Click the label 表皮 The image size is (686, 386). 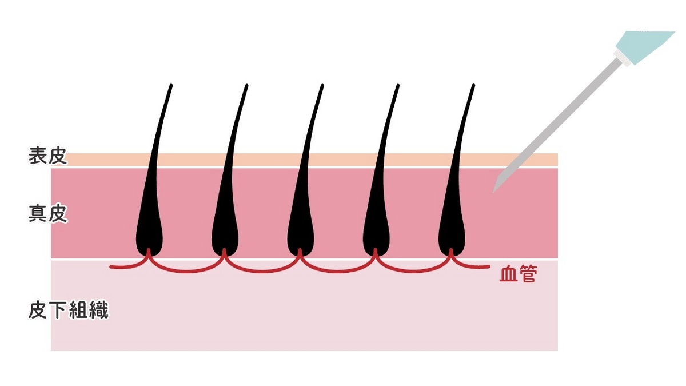(48, 157)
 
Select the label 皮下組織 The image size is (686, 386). (68, 311)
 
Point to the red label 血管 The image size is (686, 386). (518, 275)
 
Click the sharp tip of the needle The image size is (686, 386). (494, 191)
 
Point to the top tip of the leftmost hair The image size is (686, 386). (171, 86)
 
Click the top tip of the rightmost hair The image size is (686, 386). (473, 86)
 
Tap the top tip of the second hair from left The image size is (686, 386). (247, 86)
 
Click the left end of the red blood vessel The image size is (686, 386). (111, 266)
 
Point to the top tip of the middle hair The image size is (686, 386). (322, 86)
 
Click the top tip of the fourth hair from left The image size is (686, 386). (398, 86)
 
